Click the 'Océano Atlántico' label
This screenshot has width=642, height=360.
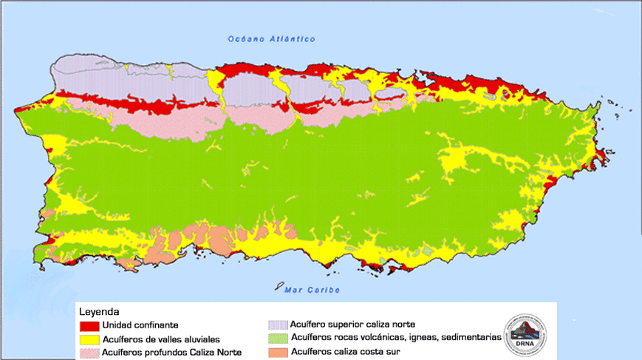click(x=271, y=39)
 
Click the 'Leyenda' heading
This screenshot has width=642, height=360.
click(x=99, y=312)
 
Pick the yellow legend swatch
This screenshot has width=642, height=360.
click(x=89, y=339)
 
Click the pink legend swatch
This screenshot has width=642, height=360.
click(x=89, y=353)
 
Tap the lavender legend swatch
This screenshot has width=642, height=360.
click(x=278, y=325)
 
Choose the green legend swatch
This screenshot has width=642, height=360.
click(x=278, y=338)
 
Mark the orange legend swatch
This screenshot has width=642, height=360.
click(x=278, y=351)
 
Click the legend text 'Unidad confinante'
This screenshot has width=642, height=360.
click(x=140, y=325)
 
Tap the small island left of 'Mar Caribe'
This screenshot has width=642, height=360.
click(x=278, y=285)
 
